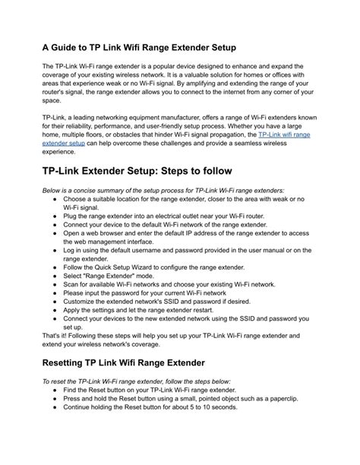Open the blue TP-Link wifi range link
pos(285,134)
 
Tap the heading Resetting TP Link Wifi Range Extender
pos(141,362)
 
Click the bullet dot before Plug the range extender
pos(57,216)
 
